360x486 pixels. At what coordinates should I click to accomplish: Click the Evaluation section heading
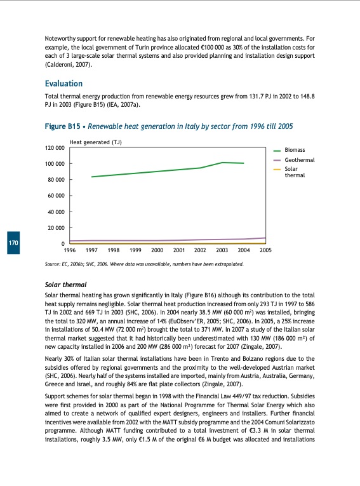(x=63, y=83)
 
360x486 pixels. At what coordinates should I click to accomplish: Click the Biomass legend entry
(x=295, y=149)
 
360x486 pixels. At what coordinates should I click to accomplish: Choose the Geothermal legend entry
(x=298, y=159)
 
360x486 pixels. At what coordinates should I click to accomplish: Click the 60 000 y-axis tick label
(x=56, y=196)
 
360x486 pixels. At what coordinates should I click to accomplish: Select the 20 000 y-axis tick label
(x=56, y=227)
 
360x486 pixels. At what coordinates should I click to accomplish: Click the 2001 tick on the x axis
(x=179, y=251)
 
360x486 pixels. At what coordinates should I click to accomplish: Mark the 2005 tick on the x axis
(x=265, y=251)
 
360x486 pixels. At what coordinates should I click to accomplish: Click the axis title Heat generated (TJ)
(x=95, y=142)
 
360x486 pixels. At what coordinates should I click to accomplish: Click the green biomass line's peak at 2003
(x=223, y=163)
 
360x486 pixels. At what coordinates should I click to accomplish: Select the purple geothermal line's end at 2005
(x=265, y=238)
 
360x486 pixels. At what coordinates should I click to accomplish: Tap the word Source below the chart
(x=53, y=263)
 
